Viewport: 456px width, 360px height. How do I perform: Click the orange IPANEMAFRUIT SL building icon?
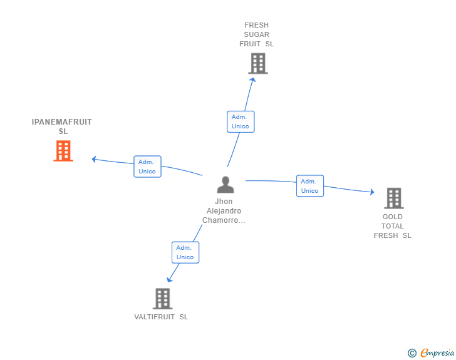click(63, 151)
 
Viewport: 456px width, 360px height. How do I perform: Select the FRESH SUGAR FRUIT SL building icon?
click(258, 63)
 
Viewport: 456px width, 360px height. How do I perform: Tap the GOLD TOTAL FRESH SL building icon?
click(394, 198)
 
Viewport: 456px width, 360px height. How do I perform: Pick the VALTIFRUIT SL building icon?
click(163, 299)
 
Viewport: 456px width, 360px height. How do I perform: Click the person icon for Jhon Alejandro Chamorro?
click(225, 185)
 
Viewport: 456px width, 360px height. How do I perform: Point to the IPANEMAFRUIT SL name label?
click(62, 126)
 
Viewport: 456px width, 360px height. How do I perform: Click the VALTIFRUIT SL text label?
click(161, 317)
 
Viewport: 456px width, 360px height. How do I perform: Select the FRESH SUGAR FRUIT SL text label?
click(257, 34)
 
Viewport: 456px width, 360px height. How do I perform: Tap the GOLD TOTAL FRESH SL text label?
click(392, 226)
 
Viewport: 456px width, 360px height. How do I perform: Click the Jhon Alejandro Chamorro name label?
click(224, 211)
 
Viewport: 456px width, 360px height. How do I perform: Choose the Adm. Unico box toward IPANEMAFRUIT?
click(147, 167)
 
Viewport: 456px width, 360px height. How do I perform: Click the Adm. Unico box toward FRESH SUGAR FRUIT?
click(241, 121)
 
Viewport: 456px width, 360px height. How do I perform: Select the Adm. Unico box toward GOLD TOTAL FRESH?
click(310, 186)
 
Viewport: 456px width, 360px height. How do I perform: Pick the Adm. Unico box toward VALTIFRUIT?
click(185, 252)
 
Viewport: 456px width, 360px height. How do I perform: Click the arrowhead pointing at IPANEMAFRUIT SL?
click(94, 160)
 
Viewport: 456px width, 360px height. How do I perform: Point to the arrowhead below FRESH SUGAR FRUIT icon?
click(253, 80)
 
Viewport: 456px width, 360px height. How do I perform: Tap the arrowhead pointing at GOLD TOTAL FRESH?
click(372, 192)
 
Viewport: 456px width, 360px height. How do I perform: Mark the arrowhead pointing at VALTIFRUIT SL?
click(170, 280)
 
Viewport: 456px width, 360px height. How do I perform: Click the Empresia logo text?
click(437, 352)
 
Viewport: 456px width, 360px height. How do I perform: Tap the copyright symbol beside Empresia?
click(412, 353)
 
